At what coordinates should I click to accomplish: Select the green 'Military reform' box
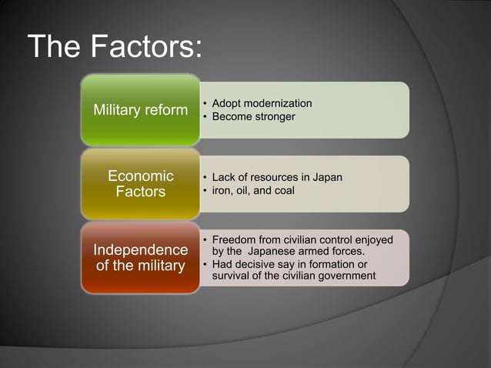click(140, 110)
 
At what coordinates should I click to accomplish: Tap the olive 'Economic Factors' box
click(140, 184)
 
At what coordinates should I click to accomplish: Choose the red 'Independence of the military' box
click(140, 259)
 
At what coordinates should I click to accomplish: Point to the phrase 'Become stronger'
click(253, 116)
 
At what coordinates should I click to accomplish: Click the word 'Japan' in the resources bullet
click(327, 177)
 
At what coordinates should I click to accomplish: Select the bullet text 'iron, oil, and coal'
click(253, 190)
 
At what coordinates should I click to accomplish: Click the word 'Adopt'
click(225, 103)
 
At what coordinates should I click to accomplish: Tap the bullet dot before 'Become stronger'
click(204, 116)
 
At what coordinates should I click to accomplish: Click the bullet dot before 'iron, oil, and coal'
click(204, 190)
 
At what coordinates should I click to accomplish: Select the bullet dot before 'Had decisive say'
click(204, 264)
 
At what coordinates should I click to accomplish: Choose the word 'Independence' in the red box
click(140, 250)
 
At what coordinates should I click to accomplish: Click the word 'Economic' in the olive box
click(140, 176)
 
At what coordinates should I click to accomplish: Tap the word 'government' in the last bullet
click(349, 276)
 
